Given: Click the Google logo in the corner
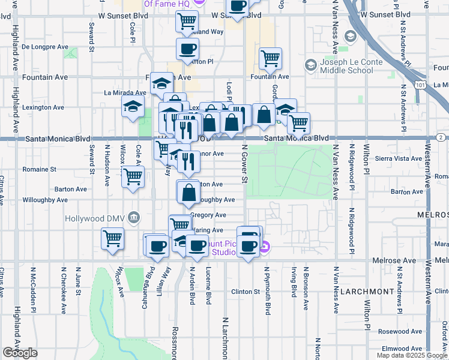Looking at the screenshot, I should pyautogui.click(x=20, y=353).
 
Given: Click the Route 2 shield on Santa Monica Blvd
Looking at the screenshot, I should pyautogui.click(x=441, y=138).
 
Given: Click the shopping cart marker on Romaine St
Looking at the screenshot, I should pyautogui.click(x=133, y=176).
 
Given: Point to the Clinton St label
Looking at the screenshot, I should pyautogui.click(x=244, y=292).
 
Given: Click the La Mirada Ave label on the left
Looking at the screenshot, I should pyautogui.click(x=125, y=92).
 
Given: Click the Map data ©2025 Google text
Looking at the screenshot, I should pyautogui.click(x=412, y=355).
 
